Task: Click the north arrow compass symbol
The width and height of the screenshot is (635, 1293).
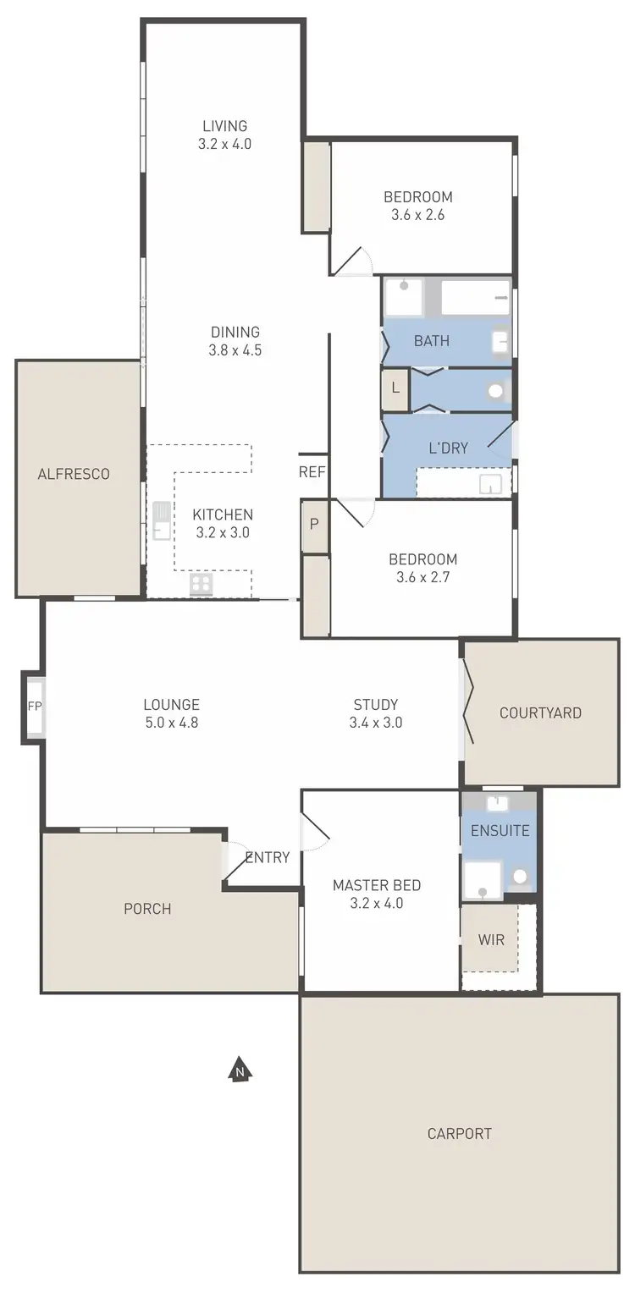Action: coord(241,1070)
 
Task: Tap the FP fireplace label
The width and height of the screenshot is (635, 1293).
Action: coord(34,706)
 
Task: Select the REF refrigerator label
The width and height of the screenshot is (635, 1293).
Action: coord(312,472)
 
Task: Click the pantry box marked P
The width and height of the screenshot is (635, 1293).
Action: coord(314,524)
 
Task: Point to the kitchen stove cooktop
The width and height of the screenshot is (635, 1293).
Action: coord(202,584)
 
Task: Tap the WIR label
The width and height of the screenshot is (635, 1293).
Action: coord(491,940)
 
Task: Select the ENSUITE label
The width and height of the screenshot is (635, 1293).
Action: coord(500,831)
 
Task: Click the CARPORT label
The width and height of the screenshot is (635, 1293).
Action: coord(460,1133)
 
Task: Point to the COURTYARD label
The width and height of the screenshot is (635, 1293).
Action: coord(540,713)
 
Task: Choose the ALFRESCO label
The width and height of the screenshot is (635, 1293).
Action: coord(74,474)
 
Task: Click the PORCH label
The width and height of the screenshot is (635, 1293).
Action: coord(147,909)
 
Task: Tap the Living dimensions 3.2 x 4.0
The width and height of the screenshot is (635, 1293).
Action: coord(224,144)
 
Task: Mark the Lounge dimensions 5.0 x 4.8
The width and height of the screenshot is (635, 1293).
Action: coord(171,723)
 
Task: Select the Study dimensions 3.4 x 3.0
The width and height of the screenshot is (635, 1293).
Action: coord(375,723)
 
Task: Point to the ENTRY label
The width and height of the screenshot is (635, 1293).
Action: coord(267,857)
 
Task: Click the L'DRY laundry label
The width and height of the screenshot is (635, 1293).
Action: coord(448,448)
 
